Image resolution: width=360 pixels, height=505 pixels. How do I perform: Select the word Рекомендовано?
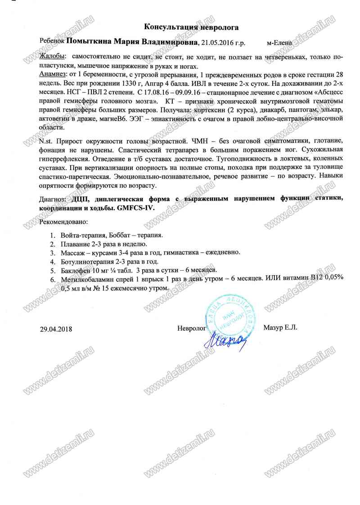(x=63, y=222)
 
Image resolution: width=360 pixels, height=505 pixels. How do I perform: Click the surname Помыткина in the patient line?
(x=89, y=42)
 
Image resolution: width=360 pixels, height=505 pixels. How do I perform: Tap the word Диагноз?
(x=52, y=198)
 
